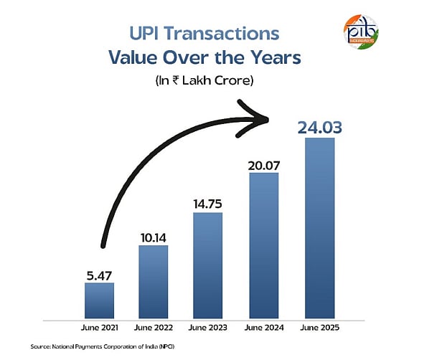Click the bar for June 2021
click(99, 300)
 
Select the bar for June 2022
click(154, 282)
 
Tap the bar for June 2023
click(207, 265)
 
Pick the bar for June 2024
click(263, 245)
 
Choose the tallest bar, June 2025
click(319, 228)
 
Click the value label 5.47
click(99, 274)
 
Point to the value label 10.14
click(153, 237)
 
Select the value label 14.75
click(207, 203)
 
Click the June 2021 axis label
click(99, 328)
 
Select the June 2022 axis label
click(154, 328)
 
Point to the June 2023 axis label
click(208, 328)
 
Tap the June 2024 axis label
click(263, 328)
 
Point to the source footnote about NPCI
click(97, 346)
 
